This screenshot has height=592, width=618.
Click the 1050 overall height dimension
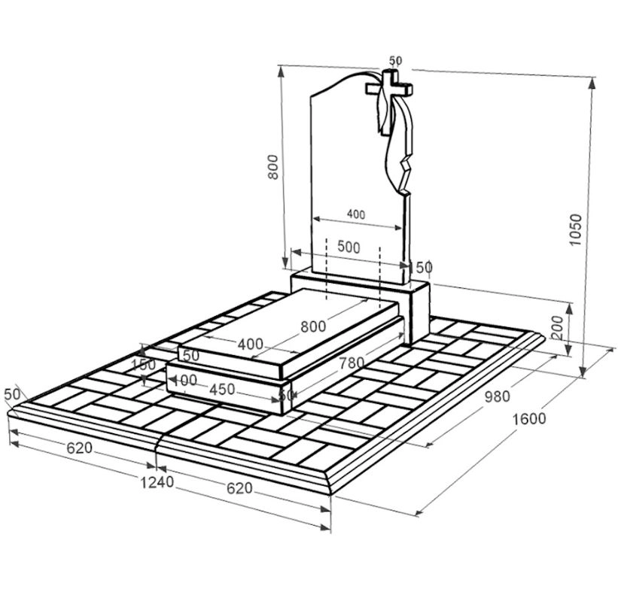576,229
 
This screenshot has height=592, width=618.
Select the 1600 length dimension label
529,419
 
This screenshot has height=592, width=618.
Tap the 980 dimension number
497,396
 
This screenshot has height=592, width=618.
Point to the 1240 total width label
157,482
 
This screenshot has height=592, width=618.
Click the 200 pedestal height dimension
558,328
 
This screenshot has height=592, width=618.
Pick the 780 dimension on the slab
352,363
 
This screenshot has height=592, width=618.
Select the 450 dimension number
222,390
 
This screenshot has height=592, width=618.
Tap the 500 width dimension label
349,247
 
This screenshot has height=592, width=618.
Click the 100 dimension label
185,380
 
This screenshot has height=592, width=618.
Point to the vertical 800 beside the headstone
272,167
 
